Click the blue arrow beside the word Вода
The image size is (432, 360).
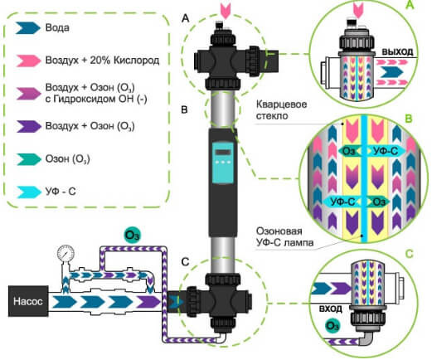(28, 28)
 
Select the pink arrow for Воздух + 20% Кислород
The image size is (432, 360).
(28, 61)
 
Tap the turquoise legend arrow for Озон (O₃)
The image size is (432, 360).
(28, 159)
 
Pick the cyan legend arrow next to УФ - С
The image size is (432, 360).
(28, 192)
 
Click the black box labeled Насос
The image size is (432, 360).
(28, 301)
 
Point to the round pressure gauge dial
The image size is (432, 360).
(66, 253)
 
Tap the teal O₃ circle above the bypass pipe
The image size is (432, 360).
(132, 235)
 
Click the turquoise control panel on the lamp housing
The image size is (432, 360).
(223, 162)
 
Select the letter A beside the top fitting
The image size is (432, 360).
(185, 18)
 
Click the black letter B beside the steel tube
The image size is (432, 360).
(184, 109)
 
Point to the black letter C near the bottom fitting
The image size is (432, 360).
(185, 261)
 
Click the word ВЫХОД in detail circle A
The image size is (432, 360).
(397, 51)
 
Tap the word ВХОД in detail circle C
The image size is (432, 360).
(331, 309)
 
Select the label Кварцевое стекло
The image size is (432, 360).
(281, 109)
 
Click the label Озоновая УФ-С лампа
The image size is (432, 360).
(284, 236)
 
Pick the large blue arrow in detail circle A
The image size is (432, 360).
(391, 72)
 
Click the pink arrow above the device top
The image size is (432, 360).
(226, 11)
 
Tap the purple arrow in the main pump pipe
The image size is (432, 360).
(148, 301)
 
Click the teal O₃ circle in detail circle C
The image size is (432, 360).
(332, 326)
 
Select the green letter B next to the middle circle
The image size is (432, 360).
(408, 119)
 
